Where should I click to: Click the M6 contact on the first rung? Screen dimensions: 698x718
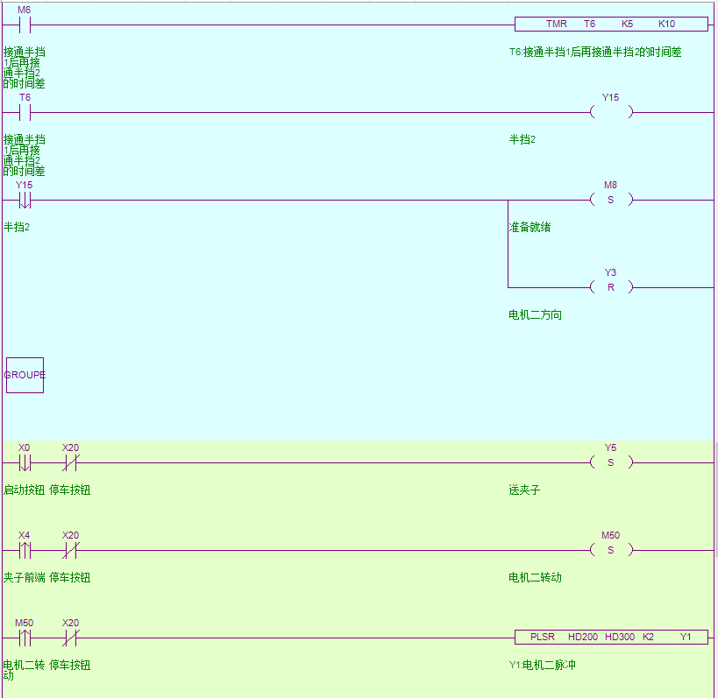(x=25, y=25)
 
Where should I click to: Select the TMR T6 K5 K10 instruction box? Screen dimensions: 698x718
(x=611, y=25)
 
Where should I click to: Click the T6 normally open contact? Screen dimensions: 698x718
(x=25, y=112)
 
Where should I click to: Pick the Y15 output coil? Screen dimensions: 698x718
(x=611, y=112)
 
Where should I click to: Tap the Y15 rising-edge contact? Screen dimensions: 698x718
(x=25, y=200)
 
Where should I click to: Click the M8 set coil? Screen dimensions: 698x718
(x=611, y=200)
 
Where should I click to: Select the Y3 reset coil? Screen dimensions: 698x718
(x=611, y=287)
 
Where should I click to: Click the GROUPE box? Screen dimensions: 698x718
(x=25, y=375)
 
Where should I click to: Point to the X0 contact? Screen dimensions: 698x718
(x=25, y=462)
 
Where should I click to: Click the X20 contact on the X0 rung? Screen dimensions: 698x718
(x=70, y=462)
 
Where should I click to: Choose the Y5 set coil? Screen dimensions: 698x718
(x=611, y=462)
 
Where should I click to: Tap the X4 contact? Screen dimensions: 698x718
(x=25, y=550)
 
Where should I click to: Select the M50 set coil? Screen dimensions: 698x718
(x=611, y=550)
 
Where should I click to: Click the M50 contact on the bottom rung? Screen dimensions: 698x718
(x=25, y=638)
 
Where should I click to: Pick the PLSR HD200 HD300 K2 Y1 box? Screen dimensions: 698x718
(x=611, y=638)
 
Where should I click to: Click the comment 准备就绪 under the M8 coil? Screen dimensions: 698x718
(x=530, y=228)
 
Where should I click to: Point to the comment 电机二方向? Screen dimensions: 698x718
(x=535, y=315)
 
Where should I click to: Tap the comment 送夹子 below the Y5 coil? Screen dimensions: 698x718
(x=524, y=490)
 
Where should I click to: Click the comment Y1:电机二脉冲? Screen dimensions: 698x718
(x=542, y=666)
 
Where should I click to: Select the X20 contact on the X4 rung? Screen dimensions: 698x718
(x=70, y=550)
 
